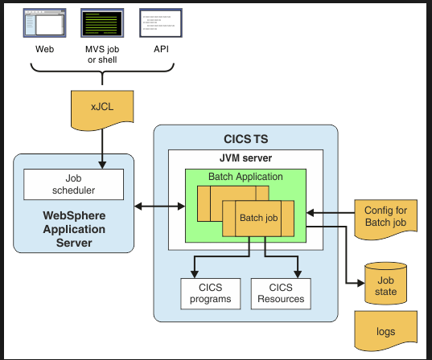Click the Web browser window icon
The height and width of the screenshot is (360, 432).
tap(44, 22)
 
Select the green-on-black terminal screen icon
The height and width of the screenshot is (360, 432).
tap(102, 22)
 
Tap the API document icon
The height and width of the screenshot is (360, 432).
tap(161, 22)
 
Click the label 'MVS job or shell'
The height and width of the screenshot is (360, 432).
tap(102, 54)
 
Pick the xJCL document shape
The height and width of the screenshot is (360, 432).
tap(102, 110)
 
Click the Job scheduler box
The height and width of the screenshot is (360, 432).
tap(73, 184)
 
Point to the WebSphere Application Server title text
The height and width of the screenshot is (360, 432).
tap(74, 229)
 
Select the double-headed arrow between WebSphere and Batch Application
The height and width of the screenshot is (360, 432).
tap(159, 207)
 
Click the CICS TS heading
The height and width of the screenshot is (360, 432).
tap(245, 139)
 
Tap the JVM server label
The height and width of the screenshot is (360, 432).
tap(245, 158)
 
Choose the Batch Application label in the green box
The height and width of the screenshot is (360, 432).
tap(245, 177)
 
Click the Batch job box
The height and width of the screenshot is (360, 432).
tap(258, 219)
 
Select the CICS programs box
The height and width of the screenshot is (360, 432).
tap(211, 293)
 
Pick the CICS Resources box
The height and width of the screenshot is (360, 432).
tap(281, 293)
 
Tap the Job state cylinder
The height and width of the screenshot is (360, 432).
tap(385, 284)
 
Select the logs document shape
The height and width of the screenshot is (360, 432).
tap(385, 331)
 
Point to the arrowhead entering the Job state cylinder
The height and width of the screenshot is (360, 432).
tap(361, 283)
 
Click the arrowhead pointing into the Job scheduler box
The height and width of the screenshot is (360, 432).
tap(102, 165)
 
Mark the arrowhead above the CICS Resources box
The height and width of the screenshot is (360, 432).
tap(298, 274)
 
